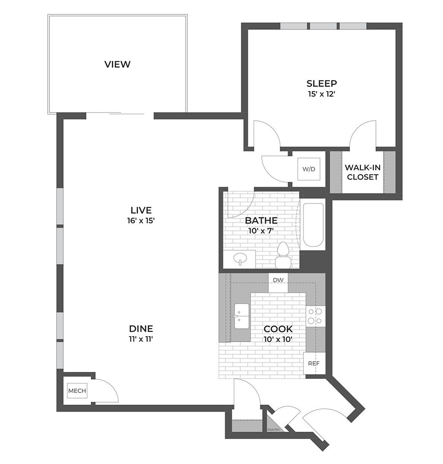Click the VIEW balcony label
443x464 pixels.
(117, 64)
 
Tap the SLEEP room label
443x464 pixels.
(321, 84)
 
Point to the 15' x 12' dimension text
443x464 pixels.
(321, 94)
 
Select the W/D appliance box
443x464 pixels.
(309, 169)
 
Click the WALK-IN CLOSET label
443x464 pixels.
(362, 172)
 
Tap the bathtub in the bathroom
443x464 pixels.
(313, 225)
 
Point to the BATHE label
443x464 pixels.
(261, 220)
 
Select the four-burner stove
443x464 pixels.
(315, 316)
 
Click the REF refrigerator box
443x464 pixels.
(314, 363)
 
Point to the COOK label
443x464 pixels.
(278, 329)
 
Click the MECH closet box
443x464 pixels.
(77, 391)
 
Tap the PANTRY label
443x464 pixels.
(274, 429)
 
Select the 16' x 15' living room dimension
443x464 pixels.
(141, 221)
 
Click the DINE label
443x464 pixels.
(141, 329)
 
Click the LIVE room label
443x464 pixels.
(141, 210)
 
